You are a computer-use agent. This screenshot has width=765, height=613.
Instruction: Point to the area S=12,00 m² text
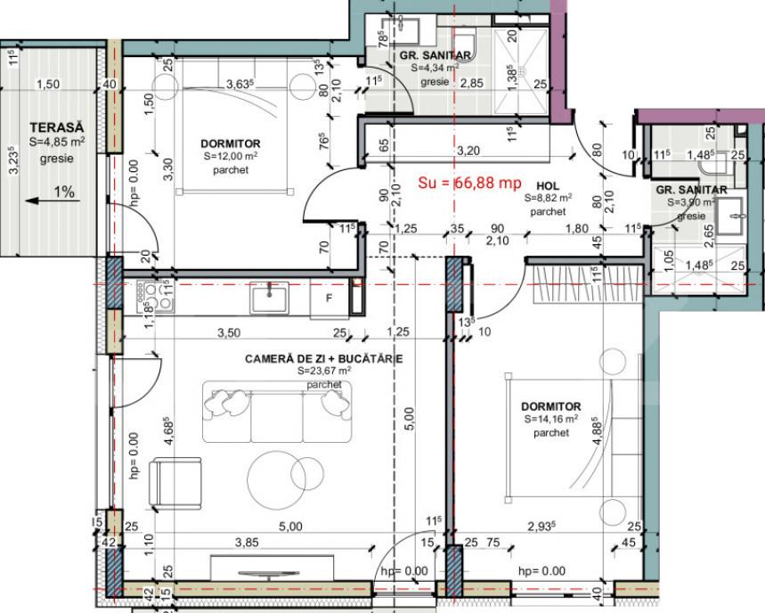click(x=231, y=157)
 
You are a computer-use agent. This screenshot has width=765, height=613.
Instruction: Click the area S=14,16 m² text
click(x=550, y=419)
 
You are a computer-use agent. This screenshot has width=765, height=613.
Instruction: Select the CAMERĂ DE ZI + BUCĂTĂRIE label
click(x=324, y=358)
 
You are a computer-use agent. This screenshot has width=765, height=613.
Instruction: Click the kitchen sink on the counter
click(x=268, y=297)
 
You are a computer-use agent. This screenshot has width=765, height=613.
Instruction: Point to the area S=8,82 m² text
click(x=547, y=199)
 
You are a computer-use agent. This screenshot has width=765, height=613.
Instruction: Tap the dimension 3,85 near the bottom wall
click(x=247, y=542)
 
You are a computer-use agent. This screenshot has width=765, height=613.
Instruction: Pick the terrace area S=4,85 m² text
click(x=57, y=143)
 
